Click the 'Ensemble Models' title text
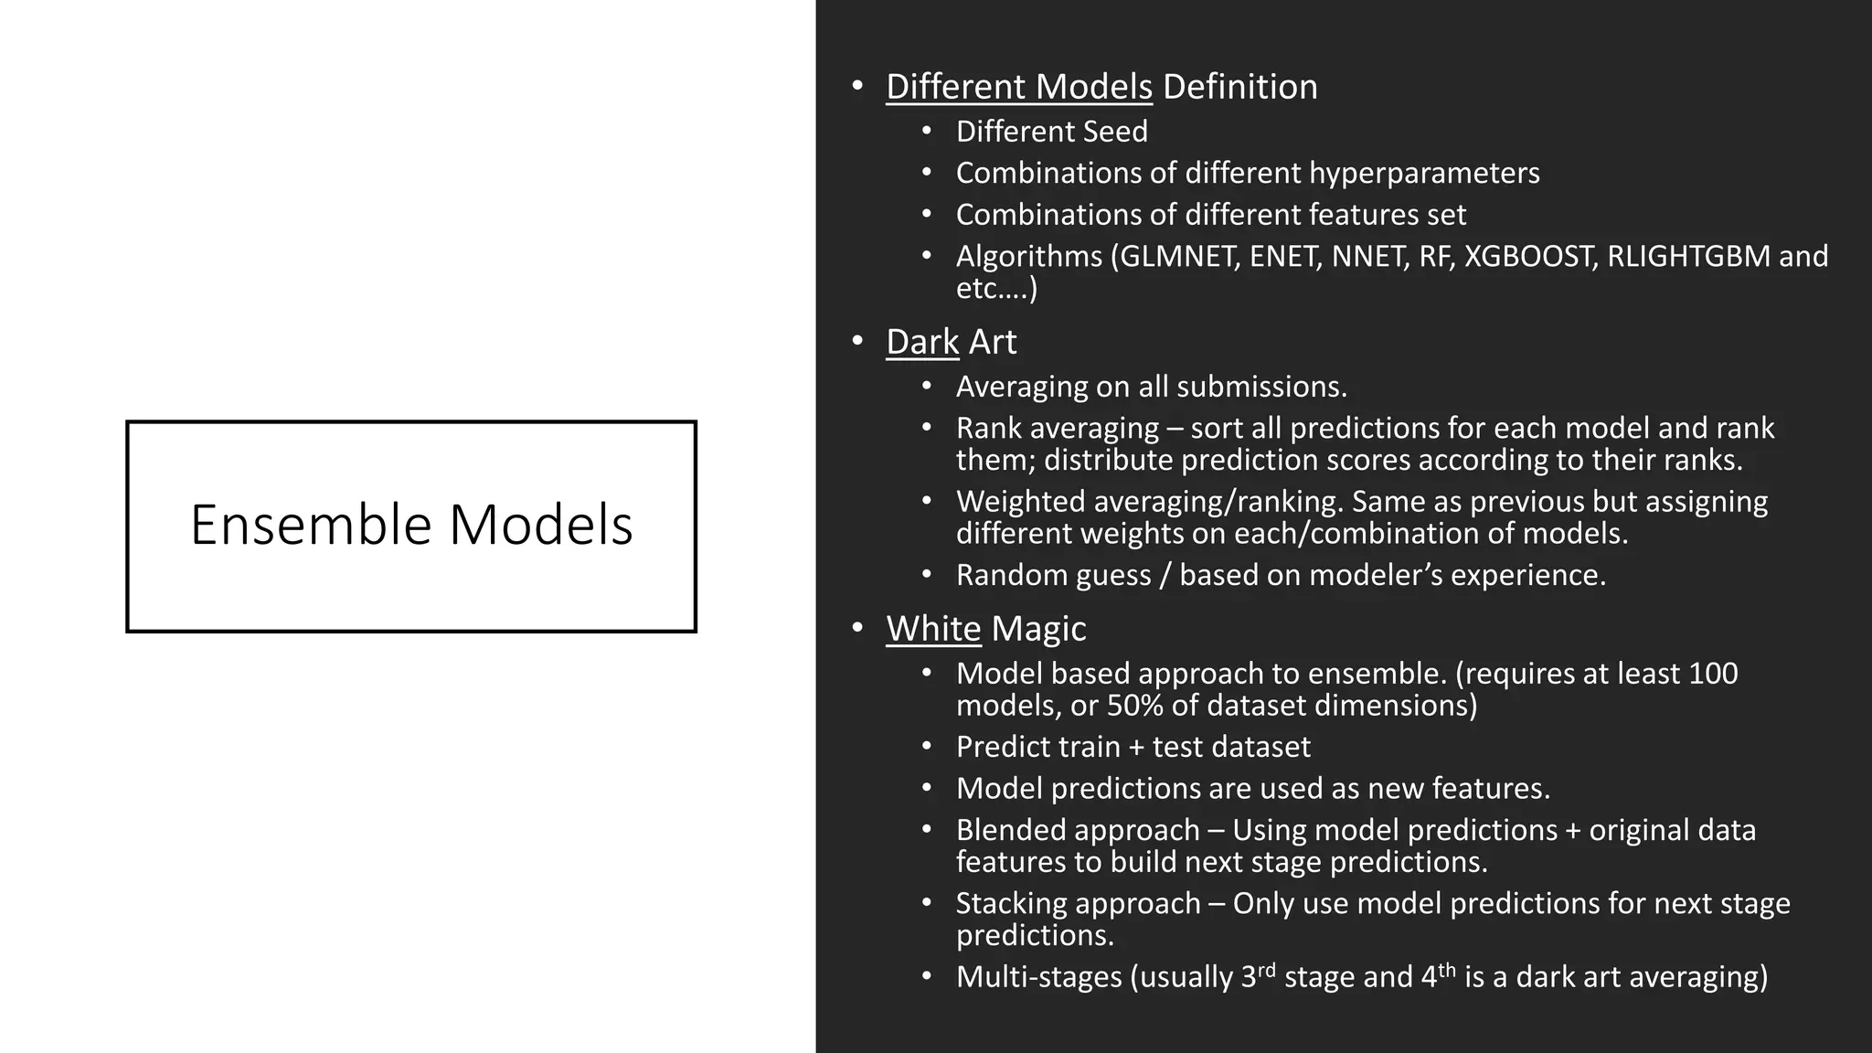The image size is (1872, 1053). click(x=411, y=526)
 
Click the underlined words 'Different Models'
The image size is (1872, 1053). click(x=1018, y=87)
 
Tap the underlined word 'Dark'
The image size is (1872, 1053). click(x=921, y=342)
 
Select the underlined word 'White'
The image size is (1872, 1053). click(x=932, y=629)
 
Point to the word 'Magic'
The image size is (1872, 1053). click(x=1038, y=629)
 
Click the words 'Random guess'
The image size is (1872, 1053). click(x=1053, y=575)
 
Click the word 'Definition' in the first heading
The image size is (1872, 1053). click(x=1239, y=87)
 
